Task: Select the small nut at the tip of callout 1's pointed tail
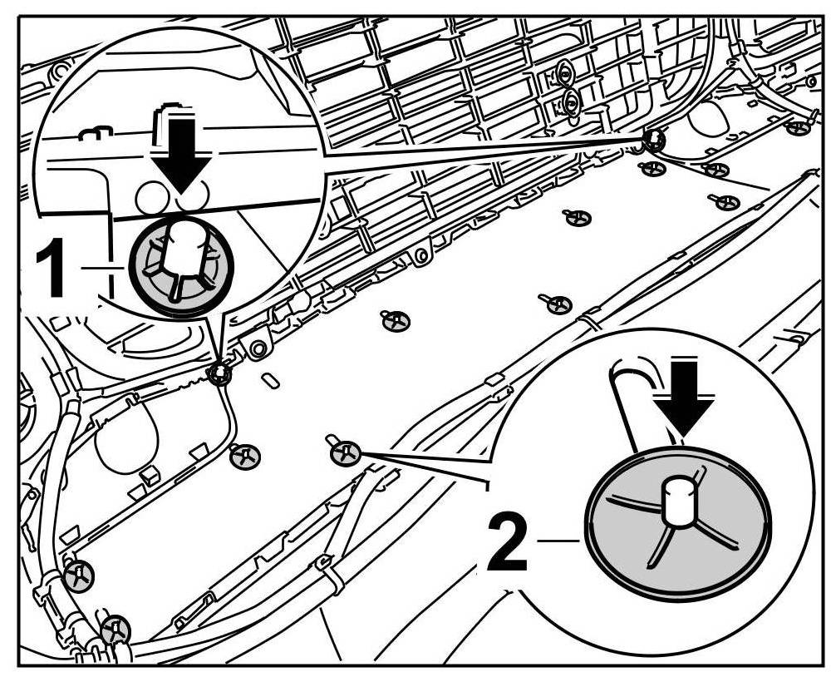(x=219, y=373)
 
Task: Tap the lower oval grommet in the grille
(x=570, y=103)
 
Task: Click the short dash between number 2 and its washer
(x=558, y=541)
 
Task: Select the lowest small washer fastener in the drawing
(x=115, y=627)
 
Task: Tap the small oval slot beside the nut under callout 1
(x=270, y=382)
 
